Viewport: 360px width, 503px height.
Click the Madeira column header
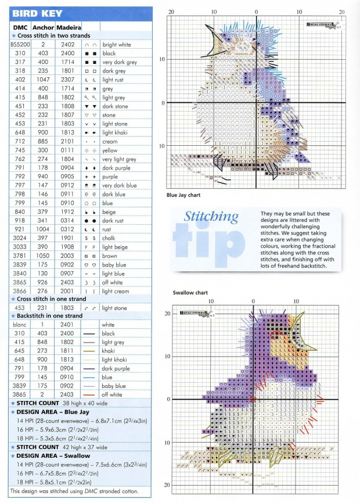click(x=69, y=27)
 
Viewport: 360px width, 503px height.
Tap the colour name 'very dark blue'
click(x=120, y=185)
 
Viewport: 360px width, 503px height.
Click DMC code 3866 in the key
click(x=20, y=291)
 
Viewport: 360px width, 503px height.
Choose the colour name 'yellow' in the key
click(x=110, y=150)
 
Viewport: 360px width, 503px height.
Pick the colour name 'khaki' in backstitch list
click(x=109, y=351)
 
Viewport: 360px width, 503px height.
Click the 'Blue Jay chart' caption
click(x=184, y=195)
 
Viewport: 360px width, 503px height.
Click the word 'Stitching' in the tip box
click(x=211, y=218)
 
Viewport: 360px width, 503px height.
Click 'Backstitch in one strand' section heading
click(x=53, y=316)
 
